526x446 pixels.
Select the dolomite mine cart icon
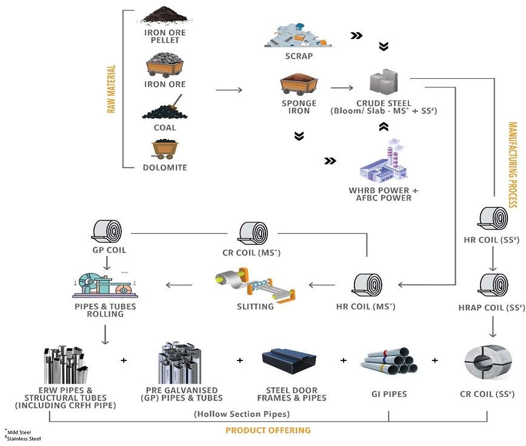(x=165, y=149)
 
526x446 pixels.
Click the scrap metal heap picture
(x=299, y=36)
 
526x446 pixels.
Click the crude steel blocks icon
(x=384, y=84)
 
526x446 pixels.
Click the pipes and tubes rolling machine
(x=106, y=283)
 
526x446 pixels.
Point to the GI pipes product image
(x=389, y=361)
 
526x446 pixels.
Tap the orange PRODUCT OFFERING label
(x=268, y=430)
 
